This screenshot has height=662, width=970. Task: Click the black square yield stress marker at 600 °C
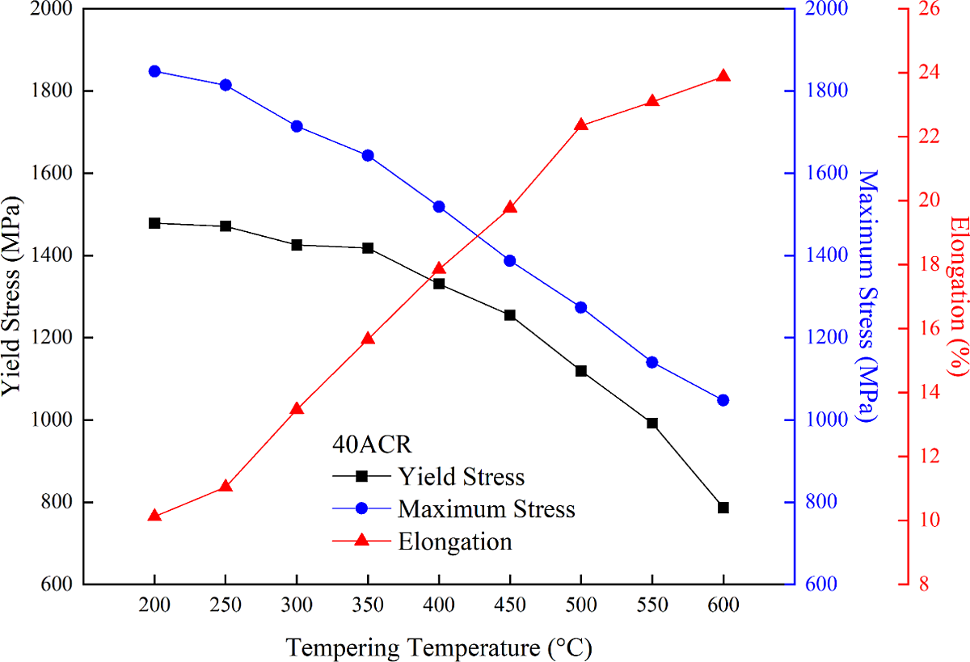(723, 508)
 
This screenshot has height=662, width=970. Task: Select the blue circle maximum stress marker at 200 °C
(154, 71)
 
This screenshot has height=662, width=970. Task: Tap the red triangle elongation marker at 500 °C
(580, 125)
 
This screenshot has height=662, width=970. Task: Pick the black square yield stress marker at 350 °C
(368, 248)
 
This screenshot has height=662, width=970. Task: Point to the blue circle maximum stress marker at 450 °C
(510, 260)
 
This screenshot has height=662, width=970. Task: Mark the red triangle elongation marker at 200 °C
(154, 516)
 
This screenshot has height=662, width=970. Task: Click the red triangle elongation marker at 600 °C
(723, 77)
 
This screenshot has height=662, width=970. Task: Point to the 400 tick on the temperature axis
(439, 605)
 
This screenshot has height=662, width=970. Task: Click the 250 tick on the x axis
(226, 605)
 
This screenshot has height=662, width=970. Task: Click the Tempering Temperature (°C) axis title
(438, 647)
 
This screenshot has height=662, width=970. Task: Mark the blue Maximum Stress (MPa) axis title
(867, 297)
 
